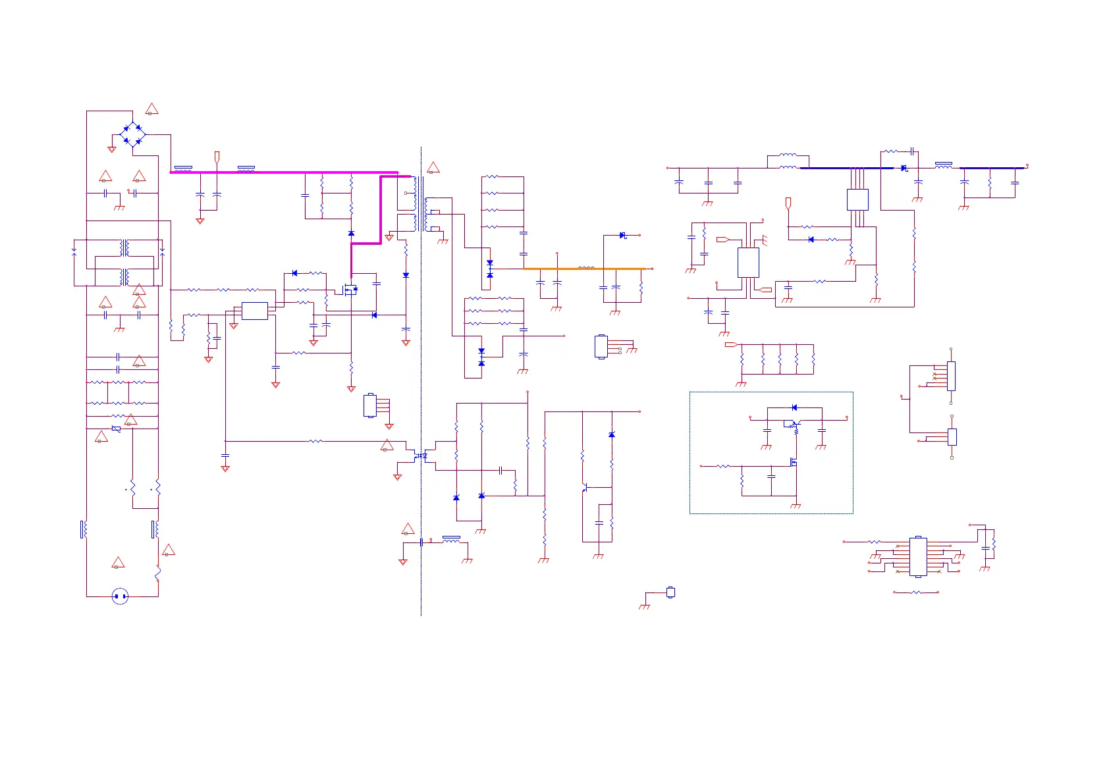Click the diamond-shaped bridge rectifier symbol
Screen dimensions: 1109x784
[132, 134]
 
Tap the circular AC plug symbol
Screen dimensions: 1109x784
[120, 596]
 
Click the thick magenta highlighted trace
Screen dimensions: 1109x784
[283, 172]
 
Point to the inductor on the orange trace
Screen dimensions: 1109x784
[586, 268]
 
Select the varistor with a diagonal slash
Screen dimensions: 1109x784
[117, 429]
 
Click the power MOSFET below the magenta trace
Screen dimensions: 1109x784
[350, 289]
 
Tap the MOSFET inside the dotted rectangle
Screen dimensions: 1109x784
[794, 462]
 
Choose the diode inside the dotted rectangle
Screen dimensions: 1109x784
[794, 407]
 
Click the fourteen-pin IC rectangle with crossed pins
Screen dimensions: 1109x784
[918, 557]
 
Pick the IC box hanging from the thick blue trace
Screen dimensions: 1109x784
[857, 199]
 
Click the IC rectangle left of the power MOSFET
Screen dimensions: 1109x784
[254, 311]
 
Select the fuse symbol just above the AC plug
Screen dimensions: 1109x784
[158, 574]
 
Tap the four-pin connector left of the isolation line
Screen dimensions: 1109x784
[370, 405]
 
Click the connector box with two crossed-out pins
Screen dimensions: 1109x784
[951, 376]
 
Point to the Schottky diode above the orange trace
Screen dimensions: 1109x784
[622, 235]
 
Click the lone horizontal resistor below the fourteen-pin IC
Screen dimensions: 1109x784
[916, 592]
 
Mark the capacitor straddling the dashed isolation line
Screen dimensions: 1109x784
[421, 542]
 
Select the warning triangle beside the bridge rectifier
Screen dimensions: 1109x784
[151, 109]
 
